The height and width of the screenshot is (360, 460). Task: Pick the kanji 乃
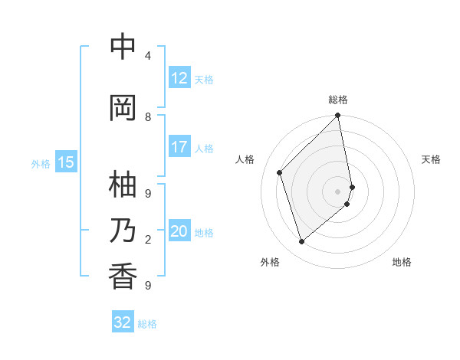tap(123, 231)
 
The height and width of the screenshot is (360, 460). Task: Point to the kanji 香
tap(123, 277)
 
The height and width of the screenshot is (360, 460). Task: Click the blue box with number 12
tap(179, 78)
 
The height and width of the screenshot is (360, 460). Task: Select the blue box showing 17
tap(179, 147)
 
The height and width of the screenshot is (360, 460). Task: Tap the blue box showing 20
tap(179, 231)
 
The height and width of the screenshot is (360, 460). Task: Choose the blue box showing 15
tap(65, 162)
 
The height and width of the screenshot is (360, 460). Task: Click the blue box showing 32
tap(123, 322)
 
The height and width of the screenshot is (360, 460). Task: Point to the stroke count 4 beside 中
tap(148, 56)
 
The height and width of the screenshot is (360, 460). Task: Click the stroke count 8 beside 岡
tap(148, 117)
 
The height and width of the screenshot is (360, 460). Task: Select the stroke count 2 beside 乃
tap(148, 240)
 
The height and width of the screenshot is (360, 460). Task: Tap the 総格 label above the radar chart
tap(338, 100)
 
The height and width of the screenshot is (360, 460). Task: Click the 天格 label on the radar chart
tap(431, 159)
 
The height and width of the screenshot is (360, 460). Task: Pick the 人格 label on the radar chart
tap(245, 159)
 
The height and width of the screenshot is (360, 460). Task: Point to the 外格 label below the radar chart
tap(270, 262)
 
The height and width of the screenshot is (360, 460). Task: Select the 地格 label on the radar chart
tap(402, 262)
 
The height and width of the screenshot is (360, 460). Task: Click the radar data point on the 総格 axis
tap(338, 116)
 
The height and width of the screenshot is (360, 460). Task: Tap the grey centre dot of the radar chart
tap(338, 191)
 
